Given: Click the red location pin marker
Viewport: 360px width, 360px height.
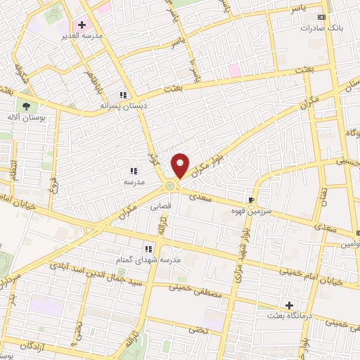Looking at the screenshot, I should tap(181, 165).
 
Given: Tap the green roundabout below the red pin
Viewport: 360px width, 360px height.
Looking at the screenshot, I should tap(170, 186).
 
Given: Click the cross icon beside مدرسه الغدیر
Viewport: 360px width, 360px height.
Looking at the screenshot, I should tap(82, 25).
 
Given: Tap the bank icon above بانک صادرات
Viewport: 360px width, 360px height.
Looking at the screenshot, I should tap(322, 17).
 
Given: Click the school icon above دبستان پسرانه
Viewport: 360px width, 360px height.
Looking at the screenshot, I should tap(123, 95).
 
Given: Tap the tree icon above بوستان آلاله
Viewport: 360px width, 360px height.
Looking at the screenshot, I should tap(26, 105).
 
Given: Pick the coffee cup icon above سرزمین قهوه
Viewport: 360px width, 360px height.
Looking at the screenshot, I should tap(251, 200).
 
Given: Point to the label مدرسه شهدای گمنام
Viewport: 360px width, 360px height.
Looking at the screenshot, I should tap(148, 260).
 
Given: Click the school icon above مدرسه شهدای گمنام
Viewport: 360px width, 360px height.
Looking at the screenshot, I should tap(148, 249).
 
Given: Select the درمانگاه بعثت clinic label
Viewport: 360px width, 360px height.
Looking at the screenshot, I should tap(289, 316).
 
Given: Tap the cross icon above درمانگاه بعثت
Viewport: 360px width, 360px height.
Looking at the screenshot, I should tap(289, 304).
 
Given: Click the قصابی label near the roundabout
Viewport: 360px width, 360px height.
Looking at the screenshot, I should tap(161, 207).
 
